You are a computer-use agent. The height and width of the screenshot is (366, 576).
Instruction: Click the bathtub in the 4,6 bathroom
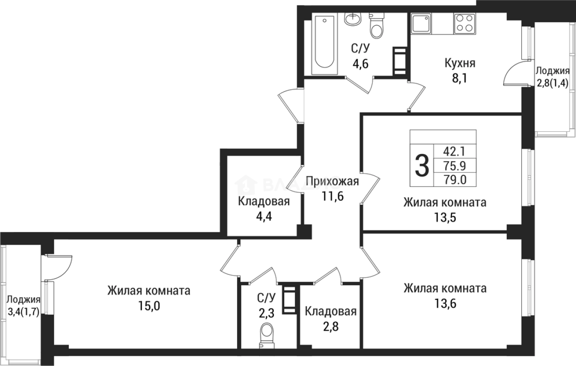(325, 44)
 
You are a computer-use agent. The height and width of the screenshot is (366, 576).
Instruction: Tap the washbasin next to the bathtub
(352, 19)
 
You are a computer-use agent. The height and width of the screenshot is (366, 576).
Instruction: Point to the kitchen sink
(422, 23)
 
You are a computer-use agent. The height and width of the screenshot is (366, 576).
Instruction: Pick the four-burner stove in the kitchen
(464, 23)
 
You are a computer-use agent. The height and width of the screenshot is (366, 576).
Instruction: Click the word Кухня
(460, 63)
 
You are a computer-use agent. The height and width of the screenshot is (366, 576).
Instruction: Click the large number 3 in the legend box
(422, 165)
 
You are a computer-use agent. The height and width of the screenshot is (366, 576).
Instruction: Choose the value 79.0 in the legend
(455, 179)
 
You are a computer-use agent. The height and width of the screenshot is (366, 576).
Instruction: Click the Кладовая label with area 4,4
(263, 201)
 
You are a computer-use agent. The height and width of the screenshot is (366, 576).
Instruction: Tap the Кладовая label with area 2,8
(331, 311)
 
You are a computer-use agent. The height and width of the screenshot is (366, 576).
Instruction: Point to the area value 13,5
(444, 217)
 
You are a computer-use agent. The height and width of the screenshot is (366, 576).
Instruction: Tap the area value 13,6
(445, 303)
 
